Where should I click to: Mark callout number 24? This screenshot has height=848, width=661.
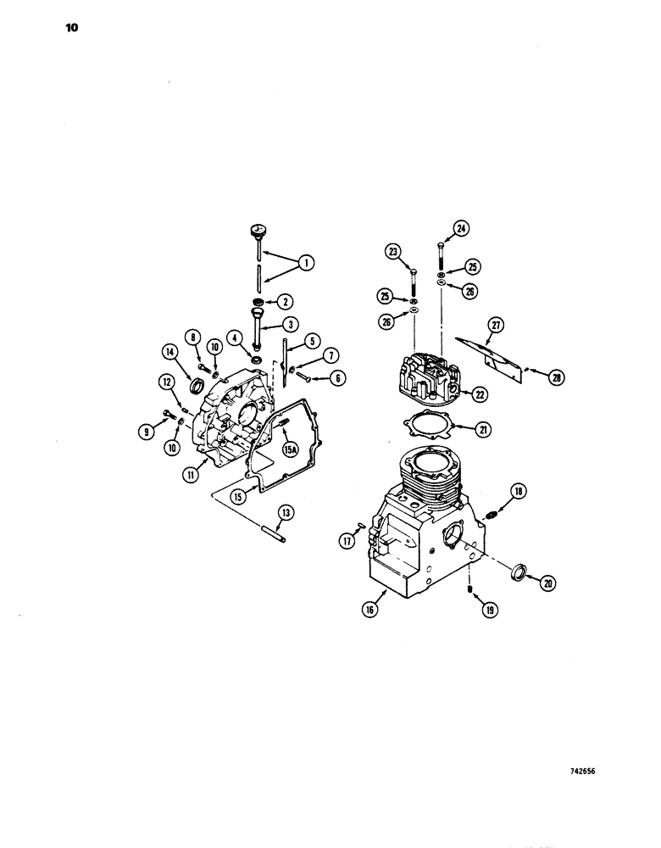point(461,228)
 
